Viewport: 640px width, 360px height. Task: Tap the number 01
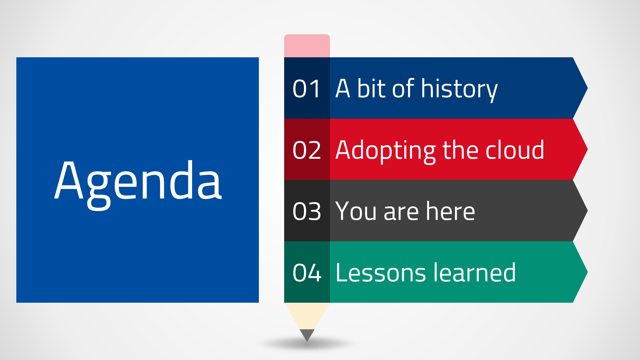click(x=307, y=89)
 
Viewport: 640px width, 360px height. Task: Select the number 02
click(x=307, y=150)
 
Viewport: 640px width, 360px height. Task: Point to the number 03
click(x=307, y=212)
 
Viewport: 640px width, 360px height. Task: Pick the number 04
click(x=307, y=273)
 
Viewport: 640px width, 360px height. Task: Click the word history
click(x=460, y=90)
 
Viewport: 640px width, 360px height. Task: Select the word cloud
click(x=515, y=149)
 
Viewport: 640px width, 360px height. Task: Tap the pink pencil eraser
click(x=307, y=46)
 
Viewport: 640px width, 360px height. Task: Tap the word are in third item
click(x=401, y=212)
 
